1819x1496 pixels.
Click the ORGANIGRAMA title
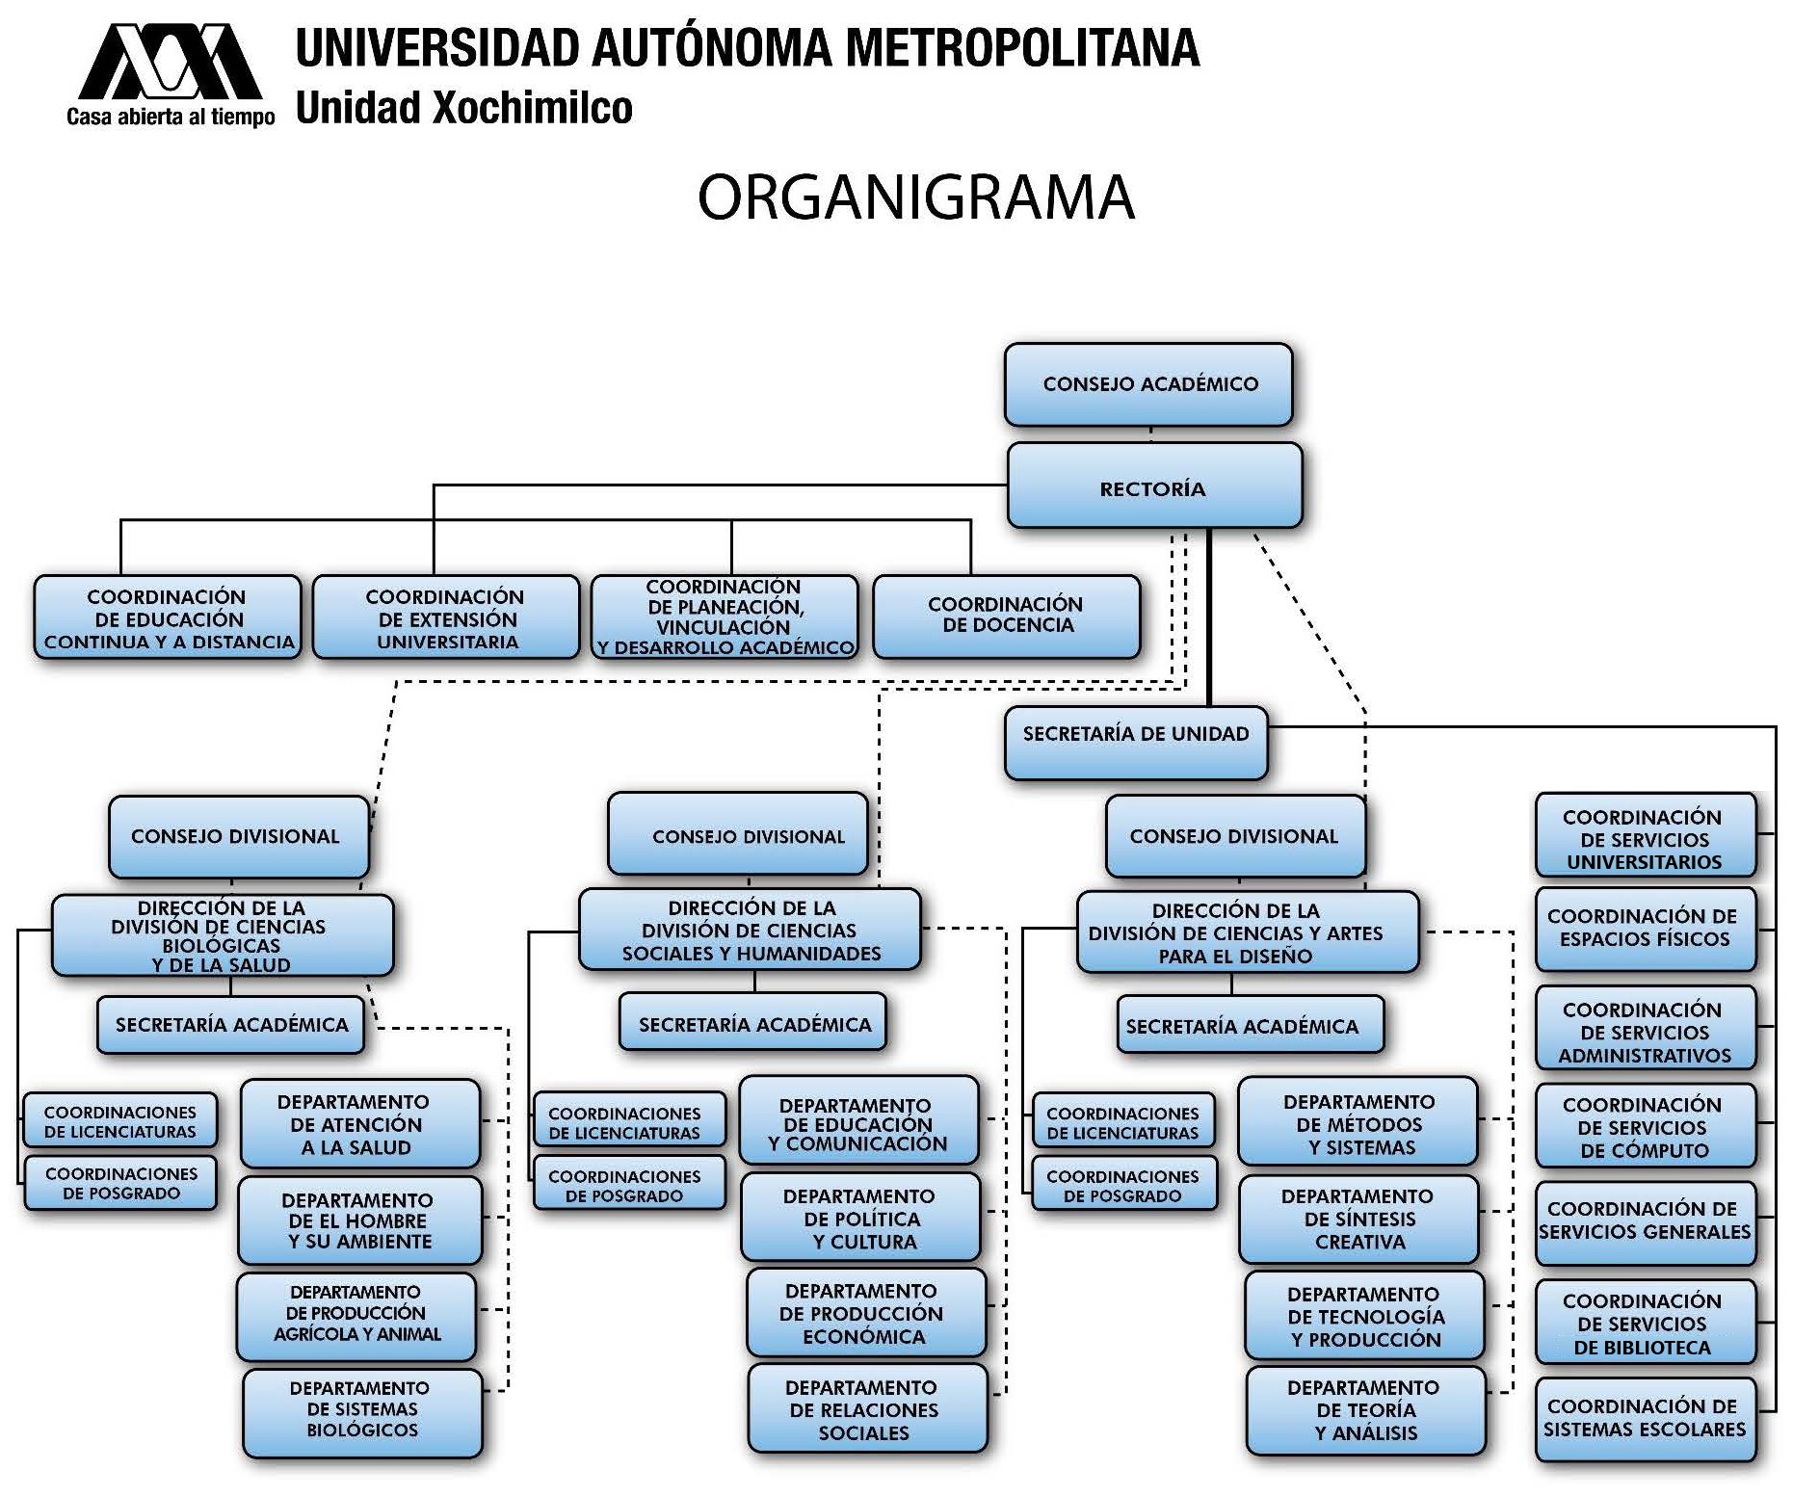[x=915, y=197]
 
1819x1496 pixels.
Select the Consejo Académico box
[x=1148, y=384]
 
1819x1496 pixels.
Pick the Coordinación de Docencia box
[x=1006, y=617]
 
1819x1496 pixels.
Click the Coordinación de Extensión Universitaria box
[x=446, y=617]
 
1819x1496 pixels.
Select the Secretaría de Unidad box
[x=1136, y=743]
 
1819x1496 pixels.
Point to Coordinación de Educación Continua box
[x=168, y=617]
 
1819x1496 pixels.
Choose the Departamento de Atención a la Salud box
[x=359, y=1123]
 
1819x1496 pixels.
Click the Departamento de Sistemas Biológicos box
[x=362, y=1413]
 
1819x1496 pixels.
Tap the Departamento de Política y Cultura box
[x=860, y=1217]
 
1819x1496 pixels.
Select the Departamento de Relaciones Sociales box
[x=867, y=1408]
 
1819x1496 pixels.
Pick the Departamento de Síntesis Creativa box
[x=1358, y=1219]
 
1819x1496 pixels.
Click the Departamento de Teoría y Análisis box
[x=1365, y=1410]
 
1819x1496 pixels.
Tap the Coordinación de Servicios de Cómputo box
[x=1646, y=1126]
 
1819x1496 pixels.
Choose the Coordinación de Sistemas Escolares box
[x=1646, y=1419]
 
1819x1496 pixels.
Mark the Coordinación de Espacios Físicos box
[x=1646, y=929]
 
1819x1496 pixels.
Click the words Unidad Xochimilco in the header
[x=463, y=108]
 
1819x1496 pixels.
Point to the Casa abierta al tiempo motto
[x=171, y=117]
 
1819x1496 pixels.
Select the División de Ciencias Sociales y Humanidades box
[x=750, y=929]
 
